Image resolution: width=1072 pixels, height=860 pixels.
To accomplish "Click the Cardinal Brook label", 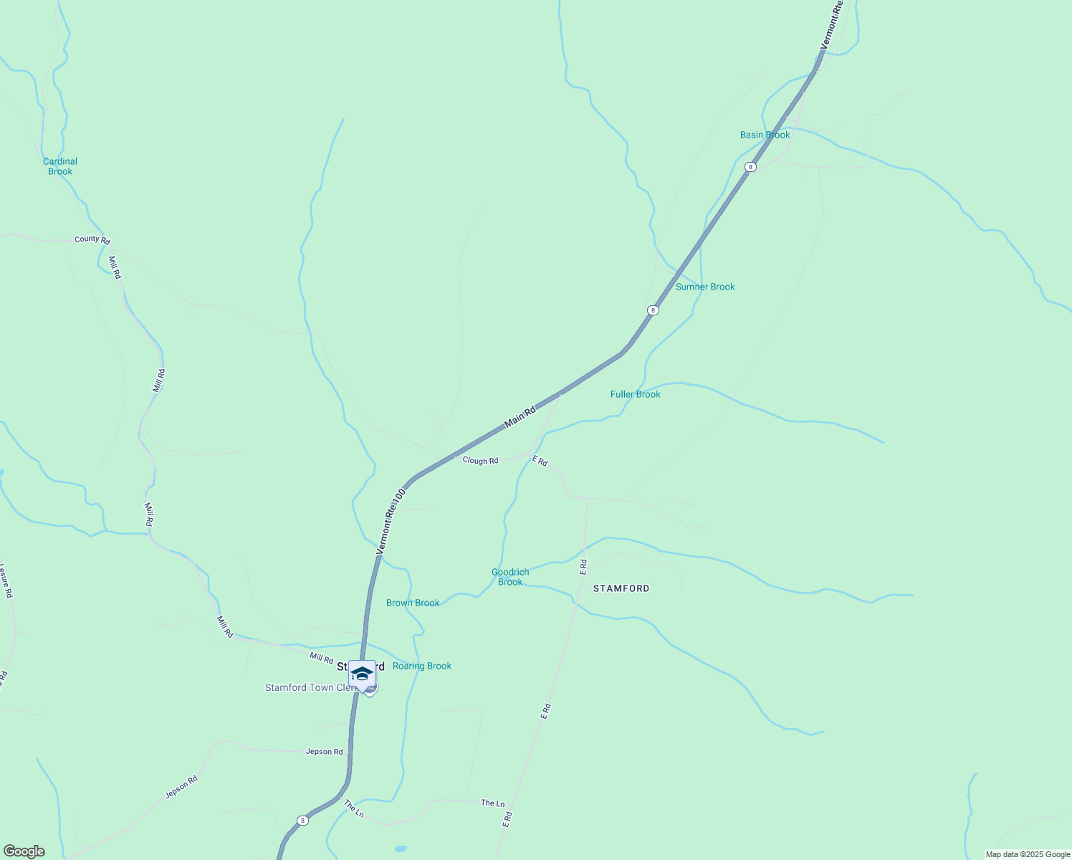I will pos(60,166).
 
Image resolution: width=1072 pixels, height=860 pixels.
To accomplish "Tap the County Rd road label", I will pos(92,239).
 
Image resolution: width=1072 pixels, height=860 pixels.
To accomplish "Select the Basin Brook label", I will pos(765,135).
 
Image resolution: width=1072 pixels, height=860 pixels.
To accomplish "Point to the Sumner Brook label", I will pos(705,287).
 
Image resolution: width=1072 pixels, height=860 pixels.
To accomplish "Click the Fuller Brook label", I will pos(635,394).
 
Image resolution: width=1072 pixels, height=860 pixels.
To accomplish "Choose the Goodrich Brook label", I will pos(510,577).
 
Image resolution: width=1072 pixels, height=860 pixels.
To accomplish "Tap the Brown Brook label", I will pos(413,603).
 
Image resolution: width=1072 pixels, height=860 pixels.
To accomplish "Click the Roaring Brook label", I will pos(422,666).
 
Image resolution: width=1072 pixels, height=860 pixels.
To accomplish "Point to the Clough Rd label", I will pos(480,461).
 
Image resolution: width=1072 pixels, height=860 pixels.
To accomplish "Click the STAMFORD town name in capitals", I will pos(621,588).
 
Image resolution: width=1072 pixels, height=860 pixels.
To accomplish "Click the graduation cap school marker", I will pos(362,674).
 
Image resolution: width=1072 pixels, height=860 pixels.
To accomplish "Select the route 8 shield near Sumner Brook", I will pos(652,310).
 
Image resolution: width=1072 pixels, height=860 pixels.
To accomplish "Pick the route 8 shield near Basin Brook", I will pos(750,167).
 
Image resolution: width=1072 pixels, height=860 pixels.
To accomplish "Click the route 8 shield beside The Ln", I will pos(303,821).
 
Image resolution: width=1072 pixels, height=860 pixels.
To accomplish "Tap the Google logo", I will pos(24,851).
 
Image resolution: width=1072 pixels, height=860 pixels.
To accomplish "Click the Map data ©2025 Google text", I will pos(1028,854).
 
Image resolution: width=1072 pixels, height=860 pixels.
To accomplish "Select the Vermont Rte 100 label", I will pos(391,522).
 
